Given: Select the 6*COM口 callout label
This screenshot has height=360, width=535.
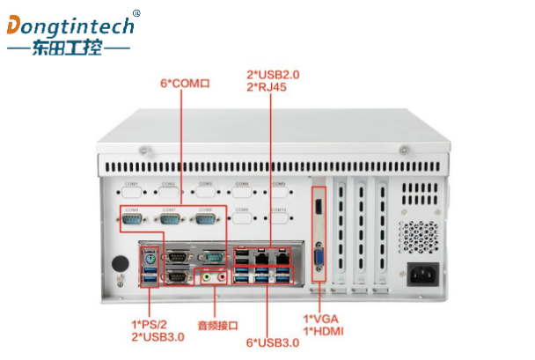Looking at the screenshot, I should click(185, 84).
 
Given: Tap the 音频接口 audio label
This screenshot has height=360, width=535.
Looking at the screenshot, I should click(217, 326).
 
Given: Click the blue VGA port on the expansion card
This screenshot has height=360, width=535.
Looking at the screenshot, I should click(319, 258).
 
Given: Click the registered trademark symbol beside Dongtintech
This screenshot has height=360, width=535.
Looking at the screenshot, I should click(136, 13).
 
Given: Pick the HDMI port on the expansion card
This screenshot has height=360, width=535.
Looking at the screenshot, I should click(318, 207).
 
